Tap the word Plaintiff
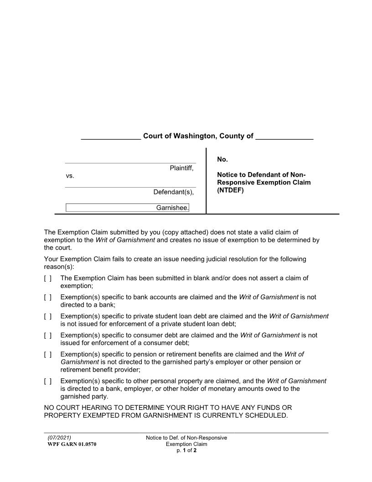(181, 168)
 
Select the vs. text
(70, 176)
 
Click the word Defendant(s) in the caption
(173, 192)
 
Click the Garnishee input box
(128, 208)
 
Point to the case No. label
(222, 159)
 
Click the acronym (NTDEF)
(230, 190)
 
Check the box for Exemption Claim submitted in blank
(48, 278)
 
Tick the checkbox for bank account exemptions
(48, 297)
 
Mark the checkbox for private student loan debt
(48, 316)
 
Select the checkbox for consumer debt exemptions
(48, 335)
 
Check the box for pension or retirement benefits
(48, 355)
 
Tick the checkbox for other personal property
(48, 381)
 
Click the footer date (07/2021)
(59, 438)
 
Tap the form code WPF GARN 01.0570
(72, 444)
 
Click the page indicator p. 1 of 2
(186, 451)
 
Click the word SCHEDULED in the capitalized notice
(265, 415)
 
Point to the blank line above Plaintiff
(130, 162)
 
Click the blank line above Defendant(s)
(130, 187)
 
